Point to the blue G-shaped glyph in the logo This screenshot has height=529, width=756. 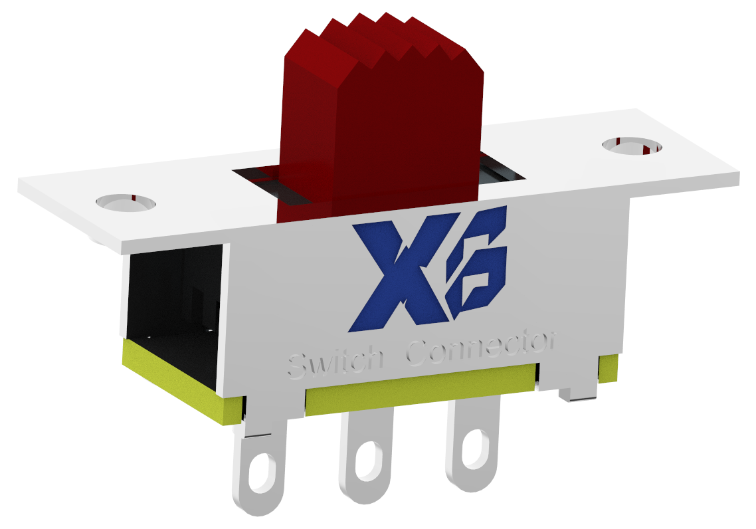click(476, 266)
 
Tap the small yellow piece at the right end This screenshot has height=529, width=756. click(608, 369)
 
